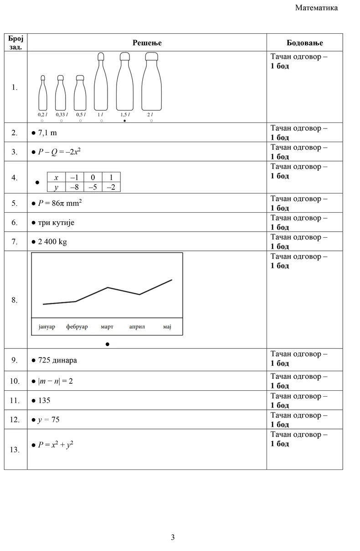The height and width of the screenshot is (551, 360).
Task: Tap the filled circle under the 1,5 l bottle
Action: [x=124, y=121]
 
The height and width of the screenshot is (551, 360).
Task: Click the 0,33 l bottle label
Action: [x=62, y=115]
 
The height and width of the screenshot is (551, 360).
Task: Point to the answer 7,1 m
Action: [x=47, y=133]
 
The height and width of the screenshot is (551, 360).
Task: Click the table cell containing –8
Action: [x=74, y=187]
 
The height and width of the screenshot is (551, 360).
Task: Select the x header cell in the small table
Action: [x=56, y=178]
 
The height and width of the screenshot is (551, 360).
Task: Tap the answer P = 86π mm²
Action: [x=59, y=203]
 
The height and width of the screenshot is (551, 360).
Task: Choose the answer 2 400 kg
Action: [x=52, y=242]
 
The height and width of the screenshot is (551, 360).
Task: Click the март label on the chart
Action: [x=107, y=327]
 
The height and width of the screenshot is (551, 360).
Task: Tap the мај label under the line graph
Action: [x=167, y=327]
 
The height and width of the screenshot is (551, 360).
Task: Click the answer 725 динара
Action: [x=57, y=360]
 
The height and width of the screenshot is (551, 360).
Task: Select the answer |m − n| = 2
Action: [x=55, y=381]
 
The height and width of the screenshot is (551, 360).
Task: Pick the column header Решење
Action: [x=147, y=43]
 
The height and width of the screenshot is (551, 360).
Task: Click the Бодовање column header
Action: [x=304, y=43]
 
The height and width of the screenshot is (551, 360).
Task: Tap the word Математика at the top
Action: [x=316, y=8]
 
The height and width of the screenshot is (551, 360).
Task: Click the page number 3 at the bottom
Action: [x=173, y=537]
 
